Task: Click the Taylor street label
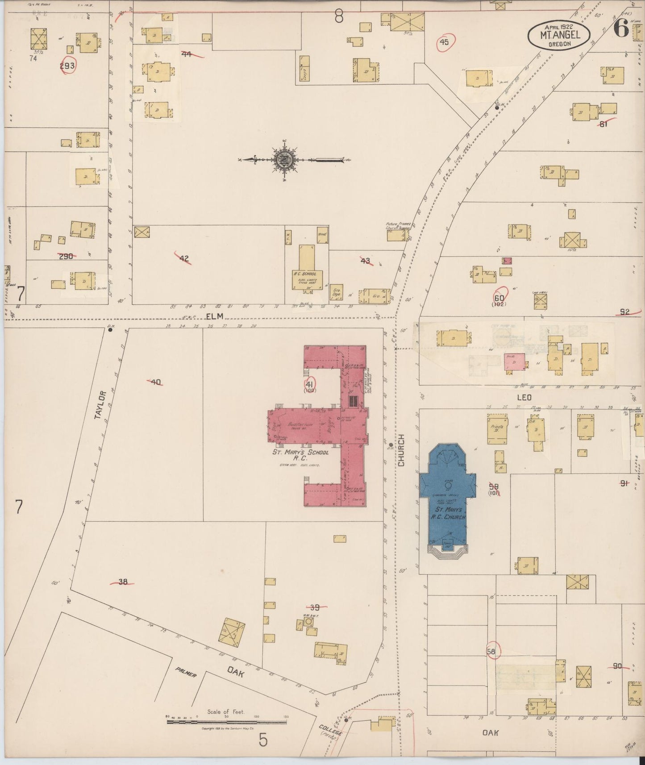102,404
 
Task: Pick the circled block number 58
491,652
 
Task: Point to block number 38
123,582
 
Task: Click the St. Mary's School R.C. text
300,455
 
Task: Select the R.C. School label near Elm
305,274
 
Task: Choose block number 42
184,258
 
